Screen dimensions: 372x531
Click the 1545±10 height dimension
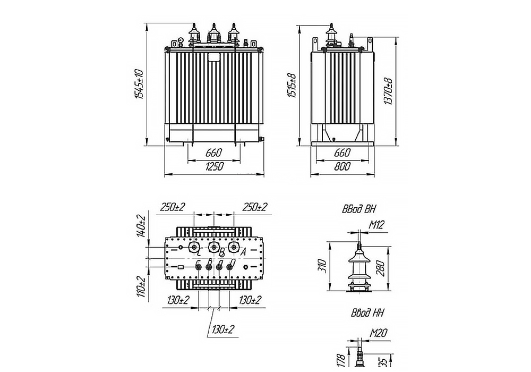pyautogui.click(x=140, y=84)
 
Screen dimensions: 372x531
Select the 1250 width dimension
pyautogui.click(x=214, y=167)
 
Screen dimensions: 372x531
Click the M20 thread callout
pyautogui.click(x=378, y=333)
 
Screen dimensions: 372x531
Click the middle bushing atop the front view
pyautogui.click(x=214, y=35)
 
